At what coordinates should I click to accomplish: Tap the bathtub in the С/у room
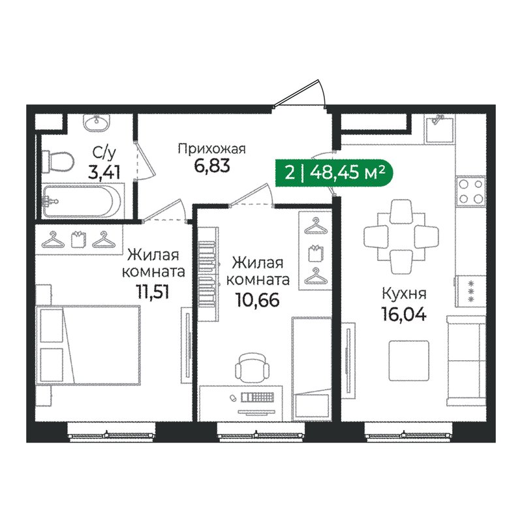pyautogui.click(x=84, y=200)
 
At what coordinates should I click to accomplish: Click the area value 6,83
pyautogui.click(x=211, y=166)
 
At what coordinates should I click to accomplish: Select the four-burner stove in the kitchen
pyautogui.click(x=471, y=191)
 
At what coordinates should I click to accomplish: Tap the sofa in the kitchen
pyautogui.click(x=465, y=356)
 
